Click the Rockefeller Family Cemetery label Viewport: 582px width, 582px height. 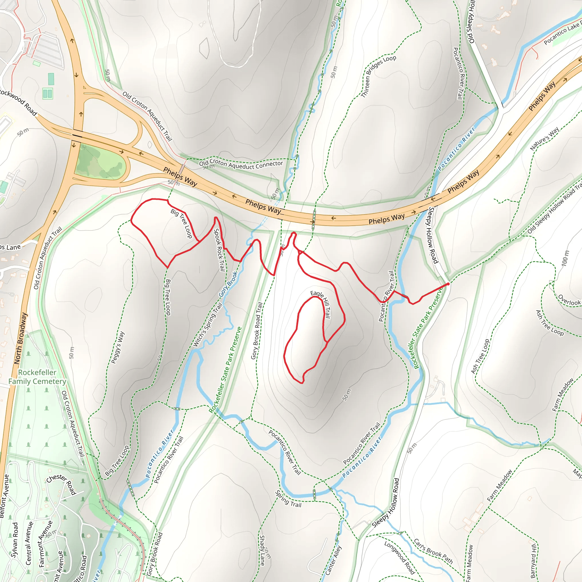[37, 377]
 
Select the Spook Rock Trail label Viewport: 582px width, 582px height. [219, 250]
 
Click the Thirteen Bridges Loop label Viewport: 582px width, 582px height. [378, 76]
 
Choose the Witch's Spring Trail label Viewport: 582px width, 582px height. [207, 325]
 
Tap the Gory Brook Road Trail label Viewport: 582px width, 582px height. [257, 331]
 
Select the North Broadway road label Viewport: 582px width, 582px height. [20, 338]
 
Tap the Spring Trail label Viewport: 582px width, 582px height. [288, 499]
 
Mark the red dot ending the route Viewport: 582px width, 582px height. [448, 284]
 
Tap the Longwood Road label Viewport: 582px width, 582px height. [400, 557]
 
